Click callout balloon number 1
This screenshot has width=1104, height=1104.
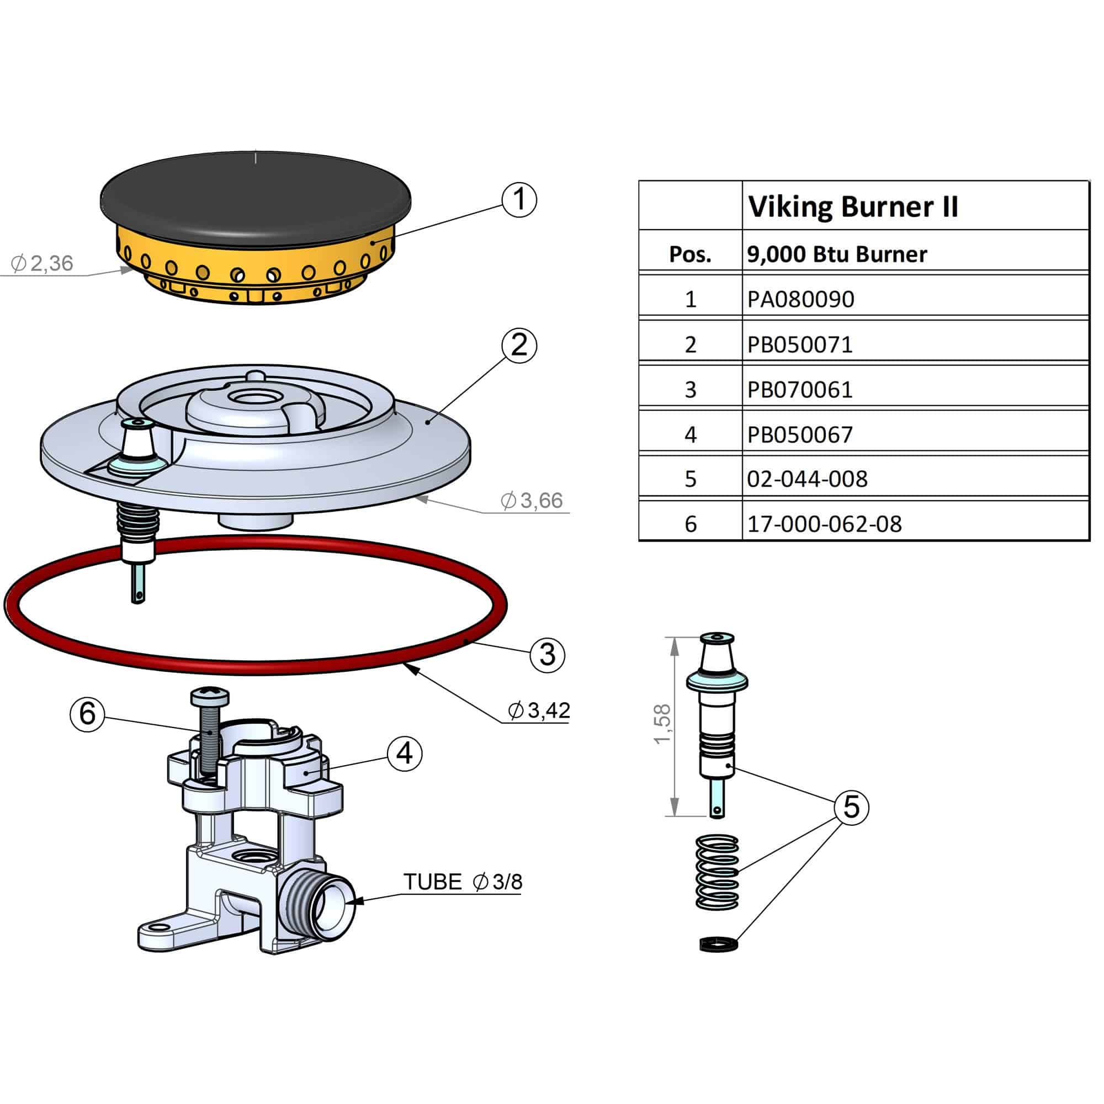point(519,200)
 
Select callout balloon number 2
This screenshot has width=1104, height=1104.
point(519,345)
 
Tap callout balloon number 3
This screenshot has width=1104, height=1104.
point(548,655)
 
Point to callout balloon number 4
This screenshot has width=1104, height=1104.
point(405,753)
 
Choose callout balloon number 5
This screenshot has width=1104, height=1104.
point(851,807)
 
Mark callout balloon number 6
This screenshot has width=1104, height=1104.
point(87,714)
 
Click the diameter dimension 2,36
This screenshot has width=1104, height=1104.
point(43,263)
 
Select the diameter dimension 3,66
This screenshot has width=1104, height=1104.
point(532,501)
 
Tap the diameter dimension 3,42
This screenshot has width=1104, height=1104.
point(539,710)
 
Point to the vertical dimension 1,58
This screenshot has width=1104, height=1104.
point(662,724)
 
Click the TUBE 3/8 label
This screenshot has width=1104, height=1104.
point(462,882)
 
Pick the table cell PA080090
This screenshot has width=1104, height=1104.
point(800,299)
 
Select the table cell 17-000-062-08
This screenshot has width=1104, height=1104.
point(824,524)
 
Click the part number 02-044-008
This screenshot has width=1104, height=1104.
point(807,479)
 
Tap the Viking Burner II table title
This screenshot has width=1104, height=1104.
point(853,206)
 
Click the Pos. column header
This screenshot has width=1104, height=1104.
point(691,254)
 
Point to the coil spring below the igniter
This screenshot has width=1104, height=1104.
point(717,873)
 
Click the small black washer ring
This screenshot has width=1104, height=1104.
point(718,943)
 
